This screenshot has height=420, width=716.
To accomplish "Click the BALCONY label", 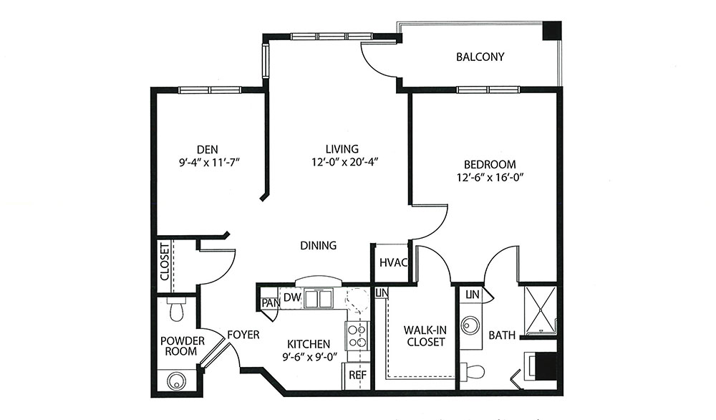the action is click(480, 57).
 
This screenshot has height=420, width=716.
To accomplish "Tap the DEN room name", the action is click(208, 149).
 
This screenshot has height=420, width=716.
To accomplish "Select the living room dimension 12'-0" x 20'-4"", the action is click(342, 162).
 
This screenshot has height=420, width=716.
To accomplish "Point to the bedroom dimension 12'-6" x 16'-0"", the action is click(490, 177).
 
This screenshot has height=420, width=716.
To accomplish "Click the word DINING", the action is click(319, 245).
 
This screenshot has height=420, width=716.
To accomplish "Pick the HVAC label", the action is click(393, 263).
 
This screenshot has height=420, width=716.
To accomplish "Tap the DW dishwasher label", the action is click(292, 297).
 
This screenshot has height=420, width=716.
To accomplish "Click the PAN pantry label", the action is click(271, 302).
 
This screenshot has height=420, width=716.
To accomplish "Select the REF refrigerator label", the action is click(358, 376).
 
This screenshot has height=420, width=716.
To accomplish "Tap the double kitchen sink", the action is click(319, 299).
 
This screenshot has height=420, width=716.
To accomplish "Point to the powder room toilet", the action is click(176, 309).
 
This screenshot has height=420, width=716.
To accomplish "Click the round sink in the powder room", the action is click(176, 381).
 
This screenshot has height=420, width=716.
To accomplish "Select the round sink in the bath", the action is click(470, 326).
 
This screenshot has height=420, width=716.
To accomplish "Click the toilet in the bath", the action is click(472, 371).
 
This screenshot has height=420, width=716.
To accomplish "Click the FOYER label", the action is click(243, 335).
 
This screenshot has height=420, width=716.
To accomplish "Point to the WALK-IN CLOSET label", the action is click(425, 336).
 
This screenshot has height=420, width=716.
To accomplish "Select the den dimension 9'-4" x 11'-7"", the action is click(210, 162).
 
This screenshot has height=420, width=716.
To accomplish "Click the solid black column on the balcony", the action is click(551, 31).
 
